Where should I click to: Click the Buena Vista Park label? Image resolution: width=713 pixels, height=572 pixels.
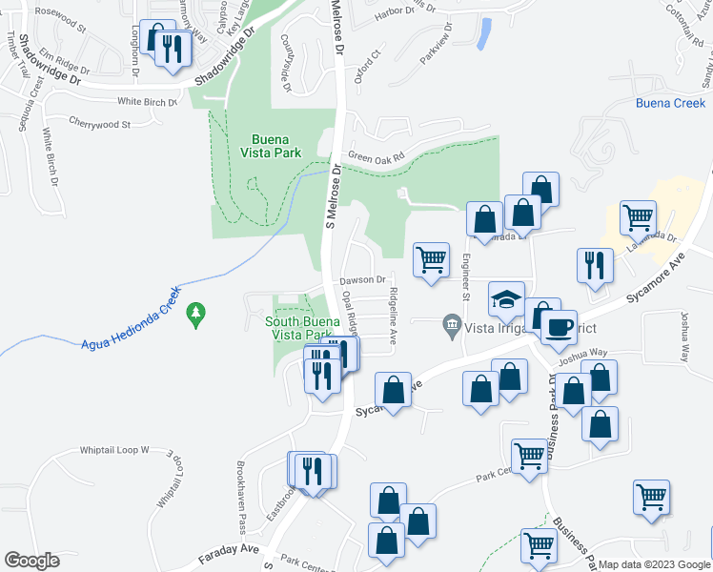click(x=275, y=144)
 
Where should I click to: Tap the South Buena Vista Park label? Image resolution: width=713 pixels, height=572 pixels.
click(x=302, y=328)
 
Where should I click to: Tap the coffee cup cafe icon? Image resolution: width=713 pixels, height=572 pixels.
click(x=559, y=326)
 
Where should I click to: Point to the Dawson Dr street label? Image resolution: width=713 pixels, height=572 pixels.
click(x=363, y=280)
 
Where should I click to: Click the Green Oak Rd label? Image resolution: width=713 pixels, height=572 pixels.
click(x=376, y=156)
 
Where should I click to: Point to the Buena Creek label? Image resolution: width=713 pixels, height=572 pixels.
click(x=670, y=103)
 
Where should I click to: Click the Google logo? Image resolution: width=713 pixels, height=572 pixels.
click(x=31, y=561)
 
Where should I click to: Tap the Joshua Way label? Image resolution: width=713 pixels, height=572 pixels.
click(x=582, y=352)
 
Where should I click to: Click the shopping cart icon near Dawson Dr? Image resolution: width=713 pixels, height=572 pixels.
click(x=432, y=259)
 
